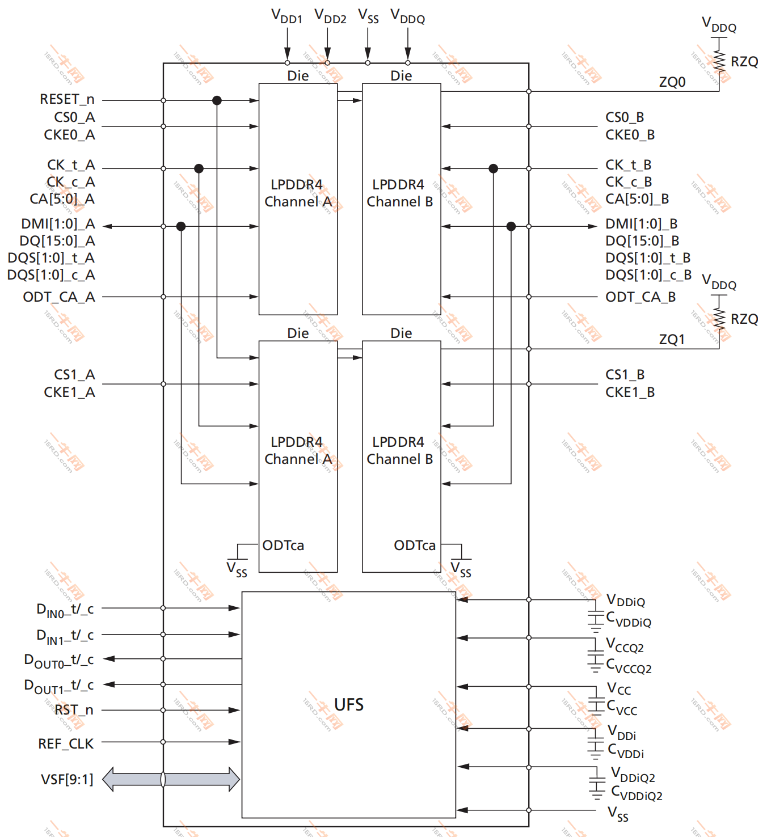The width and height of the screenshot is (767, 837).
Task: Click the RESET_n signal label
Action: (67, 99)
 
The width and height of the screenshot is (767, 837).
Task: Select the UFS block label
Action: (348, 704)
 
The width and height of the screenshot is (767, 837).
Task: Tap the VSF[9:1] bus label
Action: (67, 780)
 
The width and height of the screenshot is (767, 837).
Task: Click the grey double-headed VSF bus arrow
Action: (171, 779)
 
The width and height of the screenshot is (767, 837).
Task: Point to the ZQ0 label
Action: (672, 82)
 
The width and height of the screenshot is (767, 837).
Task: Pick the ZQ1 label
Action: (672, 340)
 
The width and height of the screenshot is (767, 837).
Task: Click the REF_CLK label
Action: (66, 743)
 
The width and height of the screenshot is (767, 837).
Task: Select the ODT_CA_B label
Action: (640, 297)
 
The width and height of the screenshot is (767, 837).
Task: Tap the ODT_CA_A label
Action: (59, 297)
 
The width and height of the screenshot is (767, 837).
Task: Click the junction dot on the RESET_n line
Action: (217, 100)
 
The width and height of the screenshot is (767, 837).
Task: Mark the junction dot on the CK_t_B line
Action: (493, 168)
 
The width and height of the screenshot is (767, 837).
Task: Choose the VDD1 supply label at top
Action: (286, 16)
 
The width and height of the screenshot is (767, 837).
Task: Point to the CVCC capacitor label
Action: (622, 708)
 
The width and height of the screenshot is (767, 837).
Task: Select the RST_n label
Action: (74, 710)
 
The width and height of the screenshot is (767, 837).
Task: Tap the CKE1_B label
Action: (630, 392)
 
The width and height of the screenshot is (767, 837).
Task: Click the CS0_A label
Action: (74, 117)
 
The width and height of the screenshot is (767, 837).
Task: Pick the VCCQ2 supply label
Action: (625, 645)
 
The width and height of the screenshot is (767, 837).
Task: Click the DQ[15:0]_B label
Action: (642, 241)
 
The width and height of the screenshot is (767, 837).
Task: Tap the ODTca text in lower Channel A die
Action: (283, 546)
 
